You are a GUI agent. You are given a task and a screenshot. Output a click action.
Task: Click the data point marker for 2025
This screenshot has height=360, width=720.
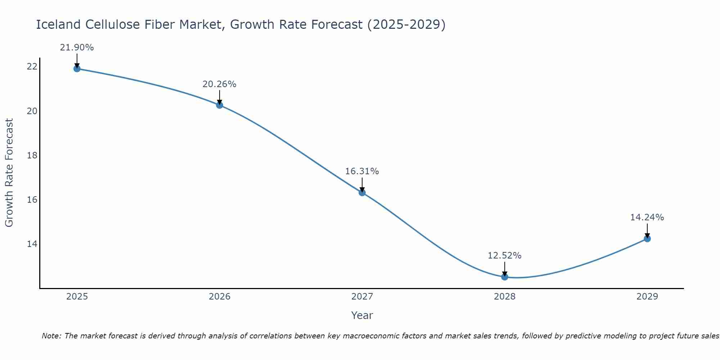point(77,68)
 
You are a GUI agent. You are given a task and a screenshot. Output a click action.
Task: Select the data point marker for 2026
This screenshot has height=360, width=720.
point(219,105)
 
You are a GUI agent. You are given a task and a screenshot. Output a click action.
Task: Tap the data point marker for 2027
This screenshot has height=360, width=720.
point(362,193)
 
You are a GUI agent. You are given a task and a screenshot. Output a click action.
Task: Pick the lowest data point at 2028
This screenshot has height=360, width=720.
point(505,277)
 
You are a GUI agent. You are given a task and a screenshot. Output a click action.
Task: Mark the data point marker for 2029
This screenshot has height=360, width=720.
point(647,239)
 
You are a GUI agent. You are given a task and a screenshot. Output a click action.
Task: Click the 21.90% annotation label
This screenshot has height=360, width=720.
point(77,48)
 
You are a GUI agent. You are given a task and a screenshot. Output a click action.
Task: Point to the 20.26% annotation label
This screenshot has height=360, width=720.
point(219,84)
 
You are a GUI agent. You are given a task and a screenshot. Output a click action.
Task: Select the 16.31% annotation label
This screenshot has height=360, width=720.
point(362,171)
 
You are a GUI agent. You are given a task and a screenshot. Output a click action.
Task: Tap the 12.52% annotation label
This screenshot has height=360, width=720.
point(505,256)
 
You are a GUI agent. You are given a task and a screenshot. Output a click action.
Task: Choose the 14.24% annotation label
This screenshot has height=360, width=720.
point(647,217)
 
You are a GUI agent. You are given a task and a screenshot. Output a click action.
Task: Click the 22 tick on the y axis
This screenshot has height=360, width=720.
point(32,67)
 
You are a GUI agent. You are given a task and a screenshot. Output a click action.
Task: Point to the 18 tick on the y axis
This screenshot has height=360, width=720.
point(32,155)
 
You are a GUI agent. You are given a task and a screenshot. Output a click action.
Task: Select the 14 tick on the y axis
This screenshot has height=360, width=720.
point(32,244)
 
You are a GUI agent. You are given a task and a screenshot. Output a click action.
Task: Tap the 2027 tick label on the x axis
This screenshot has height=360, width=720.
point(362,297)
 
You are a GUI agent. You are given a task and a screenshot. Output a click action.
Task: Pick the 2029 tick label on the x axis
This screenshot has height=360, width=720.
point(647,297)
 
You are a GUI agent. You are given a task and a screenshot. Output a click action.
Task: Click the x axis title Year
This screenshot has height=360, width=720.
point(362,315)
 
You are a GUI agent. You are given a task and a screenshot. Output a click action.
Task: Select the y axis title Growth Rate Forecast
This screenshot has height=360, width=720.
point(9,173)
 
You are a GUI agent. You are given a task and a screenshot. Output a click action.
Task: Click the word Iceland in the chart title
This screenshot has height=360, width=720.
point(58,24)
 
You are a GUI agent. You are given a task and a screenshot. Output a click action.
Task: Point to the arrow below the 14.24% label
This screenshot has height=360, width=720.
point(647,230)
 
